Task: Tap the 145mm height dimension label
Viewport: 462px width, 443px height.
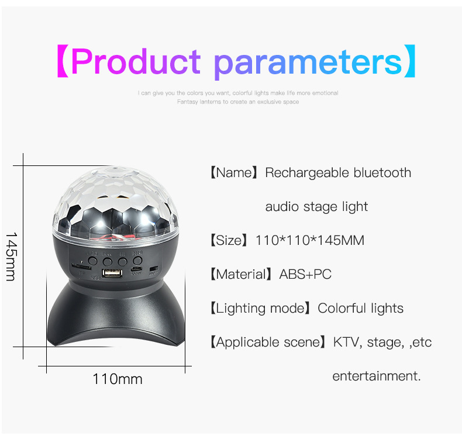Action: click(x=11, y=256)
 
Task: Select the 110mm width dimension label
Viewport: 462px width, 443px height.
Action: click(x=117, y=379)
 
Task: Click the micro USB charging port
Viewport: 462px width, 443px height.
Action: click(x=136, y=269)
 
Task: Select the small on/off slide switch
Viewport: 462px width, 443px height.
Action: click(x=154, y=269)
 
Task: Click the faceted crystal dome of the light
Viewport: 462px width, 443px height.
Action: click(x=115, y=202)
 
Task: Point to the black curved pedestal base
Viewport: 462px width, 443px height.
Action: click(x=115, y=319)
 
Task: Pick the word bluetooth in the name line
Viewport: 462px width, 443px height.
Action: click(x=382, y=173)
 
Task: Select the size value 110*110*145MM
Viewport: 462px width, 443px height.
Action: click(x=310, y=240)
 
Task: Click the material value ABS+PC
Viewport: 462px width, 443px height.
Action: click(x=305, y=274)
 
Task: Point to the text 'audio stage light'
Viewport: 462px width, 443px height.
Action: click(x=316, y=207)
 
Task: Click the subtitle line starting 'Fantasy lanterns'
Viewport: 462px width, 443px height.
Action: click(x=237, y=102)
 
